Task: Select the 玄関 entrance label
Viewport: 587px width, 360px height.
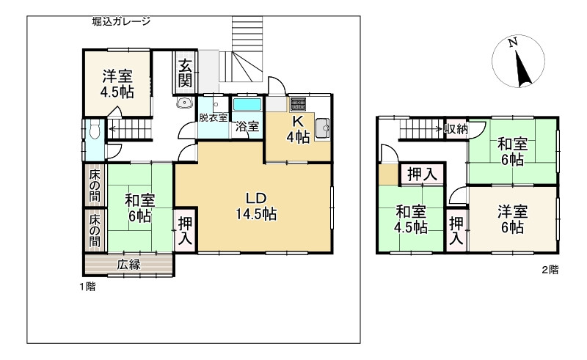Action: pos(185,72)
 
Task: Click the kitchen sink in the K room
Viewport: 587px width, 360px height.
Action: pos(322,130)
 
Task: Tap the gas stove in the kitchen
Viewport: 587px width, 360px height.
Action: pos(298,104)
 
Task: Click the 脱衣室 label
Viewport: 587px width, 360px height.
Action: pos(212,117)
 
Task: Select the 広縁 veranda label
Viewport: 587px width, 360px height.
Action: pos(128,265)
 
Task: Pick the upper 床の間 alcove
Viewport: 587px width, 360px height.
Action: pos(95,185)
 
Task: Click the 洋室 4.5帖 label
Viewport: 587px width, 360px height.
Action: pos(117,83)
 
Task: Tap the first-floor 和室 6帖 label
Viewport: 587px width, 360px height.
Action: pos(138,208)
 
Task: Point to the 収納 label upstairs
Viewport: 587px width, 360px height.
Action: pos(456,130)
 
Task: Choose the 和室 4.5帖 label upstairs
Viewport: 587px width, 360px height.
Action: pos(411,219)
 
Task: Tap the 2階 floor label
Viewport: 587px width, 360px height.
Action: pos(550,269)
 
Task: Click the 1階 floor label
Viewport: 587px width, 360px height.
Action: pos(87,287)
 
